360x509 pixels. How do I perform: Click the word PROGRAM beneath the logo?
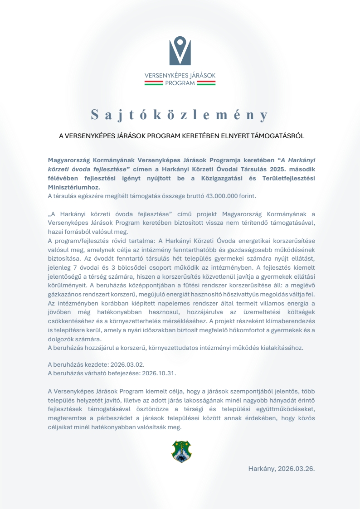click(x=180, y=83)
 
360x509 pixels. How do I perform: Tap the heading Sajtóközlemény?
click(x=180, y=115)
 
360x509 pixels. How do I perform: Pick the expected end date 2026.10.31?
click(x=159, y=373)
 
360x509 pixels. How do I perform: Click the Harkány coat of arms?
click(x=181, y=451)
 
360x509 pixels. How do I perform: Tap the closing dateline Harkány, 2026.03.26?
click(x=281, y=469)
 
